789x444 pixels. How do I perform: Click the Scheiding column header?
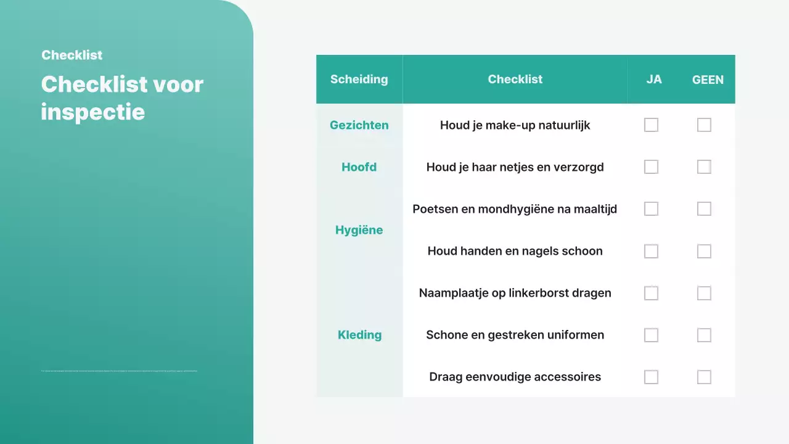coord(359,79)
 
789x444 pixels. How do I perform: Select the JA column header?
coord(654,80)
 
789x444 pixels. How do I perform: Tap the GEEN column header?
coord(708,80)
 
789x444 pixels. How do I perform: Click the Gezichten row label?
coord(359,125)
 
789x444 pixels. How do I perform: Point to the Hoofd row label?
coord(359,167)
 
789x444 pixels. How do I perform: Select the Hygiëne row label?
coord(359,230)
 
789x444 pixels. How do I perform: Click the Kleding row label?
coord(359,335)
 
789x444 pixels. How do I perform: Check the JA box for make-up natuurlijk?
coord(651,125)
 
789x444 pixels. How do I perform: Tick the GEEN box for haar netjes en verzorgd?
coord(704,167)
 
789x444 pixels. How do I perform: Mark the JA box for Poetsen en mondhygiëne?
coord(651,209)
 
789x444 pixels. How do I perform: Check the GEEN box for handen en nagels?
coord(704,251)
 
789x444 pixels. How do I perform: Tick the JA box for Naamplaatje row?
coord(651,293)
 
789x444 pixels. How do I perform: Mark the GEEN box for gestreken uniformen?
coord(704,335)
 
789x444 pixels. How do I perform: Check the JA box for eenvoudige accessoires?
coord(651,377)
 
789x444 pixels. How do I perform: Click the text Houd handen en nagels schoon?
coord(515,251)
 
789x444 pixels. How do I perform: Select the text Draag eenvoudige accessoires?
coord(515,377)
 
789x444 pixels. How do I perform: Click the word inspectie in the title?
coord(92,112)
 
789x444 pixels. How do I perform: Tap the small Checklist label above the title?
coord(72,55)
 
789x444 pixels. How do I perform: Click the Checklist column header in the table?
coord(515,79)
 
